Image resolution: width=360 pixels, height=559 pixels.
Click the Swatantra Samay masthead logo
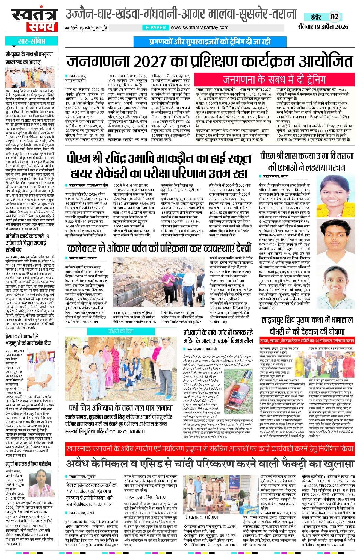pos(34,20)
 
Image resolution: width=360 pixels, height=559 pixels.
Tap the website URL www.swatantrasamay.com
pos(199,27)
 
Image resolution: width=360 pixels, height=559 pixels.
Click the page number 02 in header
pos(334,17)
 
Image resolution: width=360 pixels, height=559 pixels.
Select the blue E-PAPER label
pos(156,28)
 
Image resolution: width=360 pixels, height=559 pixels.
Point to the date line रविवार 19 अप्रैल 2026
pos(323,26)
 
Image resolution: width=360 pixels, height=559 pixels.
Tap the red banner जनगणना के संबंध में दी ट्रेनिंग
pos(274,79)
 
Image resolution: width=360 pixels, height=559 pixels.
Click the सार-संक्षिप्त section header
pos(31,41)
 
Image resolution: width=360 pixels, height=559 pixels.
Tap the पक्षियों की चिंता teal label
pos(121,331)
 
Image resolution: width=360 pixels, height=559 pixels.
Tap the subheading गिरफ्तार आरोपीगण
pos(201,517)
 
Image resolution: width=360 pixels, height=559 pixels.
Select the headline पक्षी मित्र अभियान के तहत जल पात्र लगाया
pos(121,408)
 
